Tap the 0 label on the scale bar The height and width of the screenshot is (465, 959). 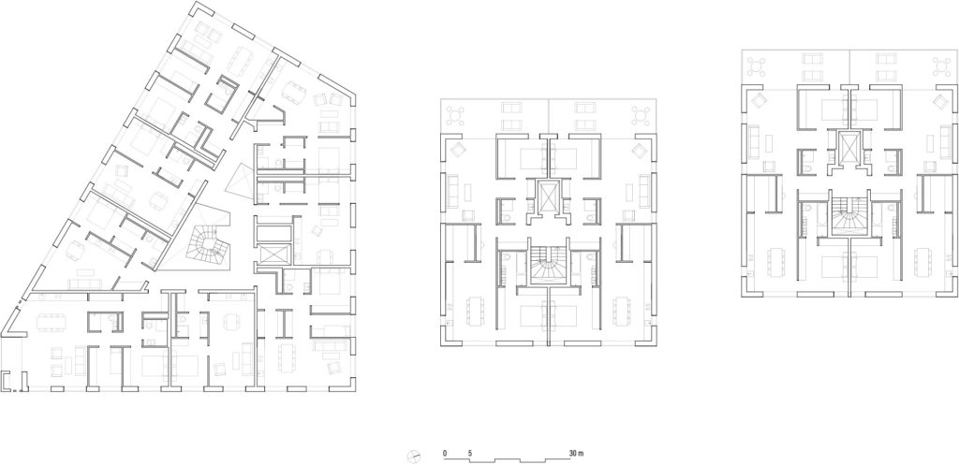(446, 453)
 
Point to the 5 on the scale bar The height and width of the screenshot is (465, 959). (470, 453)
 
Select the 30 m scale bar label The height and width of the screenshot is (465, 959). (575, 453)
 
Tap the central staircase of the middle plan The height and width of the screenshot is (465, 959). (548, 265)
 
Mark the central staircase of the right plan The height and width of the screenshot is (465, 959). (849, 218)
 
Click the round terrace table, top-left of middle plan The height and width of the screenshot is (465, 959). (458, 113)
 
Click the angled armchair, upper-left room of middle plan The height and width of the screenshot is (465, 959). (457, 151)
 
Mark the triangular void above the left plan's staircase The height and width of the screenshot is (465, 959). (241, 181)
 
